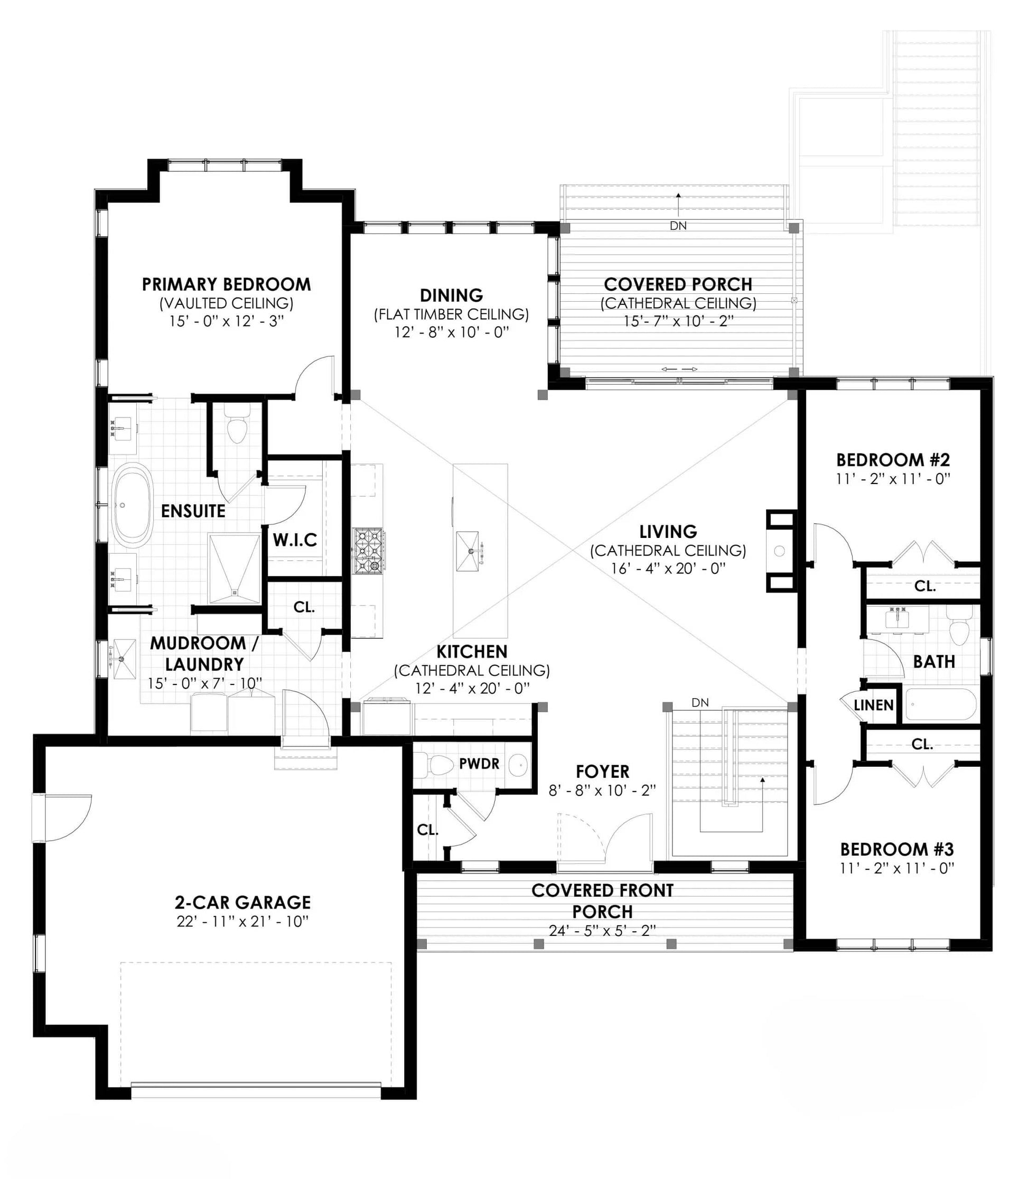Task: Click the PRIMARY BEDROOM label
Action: click(226, 284)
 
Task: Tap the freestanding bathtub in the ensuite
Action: click(132, 504)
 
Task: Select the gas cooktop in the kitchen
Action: click(368, 551)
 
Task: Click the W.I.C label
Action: click(295, 540)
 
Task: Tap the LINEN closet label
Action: click(874, 705)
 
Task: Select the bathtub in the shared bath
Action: click(941, 704)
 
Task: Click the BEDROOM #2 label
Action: click(893, 460)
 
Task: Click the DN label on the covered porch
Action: click(678, 226)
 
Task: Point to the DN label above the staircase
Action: click(700, 702)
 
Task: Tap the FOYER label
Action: click(602, 771)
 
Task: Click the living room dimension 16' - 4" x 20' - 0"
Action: click(668, 569)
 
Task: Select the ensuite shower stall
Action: click(234, 569)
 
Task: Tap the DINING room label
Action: click(452, 295)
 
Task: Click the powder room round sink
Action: click(519, 765)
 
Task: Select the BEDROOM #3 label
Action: click(896, 849)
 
